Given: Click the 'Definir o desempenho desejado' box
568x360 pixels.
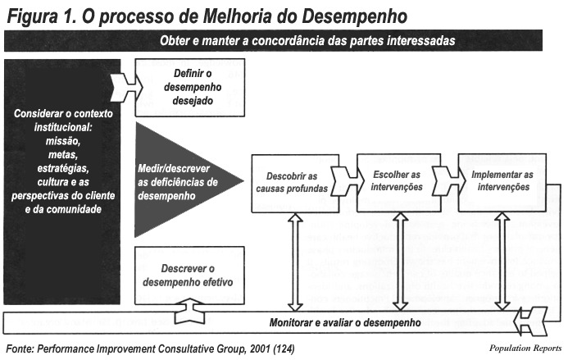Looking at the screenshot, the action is click(x=190, y=88).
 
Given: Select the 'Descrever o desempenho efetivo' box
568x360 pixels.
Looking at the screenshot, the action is click(x=190, y=276).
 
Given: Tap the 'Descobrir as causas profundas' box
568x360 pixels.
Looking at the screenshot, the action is click(x=295, y=184).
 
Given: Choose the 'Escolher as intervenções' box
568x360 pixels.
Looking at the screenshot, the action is click(x=399, y=183).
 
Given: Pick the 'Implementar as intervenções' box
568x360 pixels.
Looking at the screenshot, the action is click(x=502, y=183).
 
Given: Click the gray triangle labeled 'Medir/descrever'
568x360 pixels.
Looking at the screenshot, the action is click(x=181, y=180).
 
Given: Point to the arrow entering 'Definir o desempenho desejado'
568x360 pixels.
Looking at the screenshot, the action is click(x=126, y=87).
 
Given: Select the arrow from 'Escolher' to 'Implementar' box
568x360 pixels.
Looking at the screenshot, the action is click(x=449, y=180).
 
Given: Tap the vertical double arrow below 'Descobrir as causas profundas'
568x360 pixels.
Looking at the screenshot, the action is click(x=295, y=262).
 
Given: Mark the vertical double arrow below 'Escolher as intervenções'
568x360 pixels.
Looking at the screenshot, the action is click(x=400, y=262).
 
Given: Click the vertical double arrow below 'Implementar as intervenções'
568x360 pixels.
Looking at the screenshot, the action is click(x=502, y=262).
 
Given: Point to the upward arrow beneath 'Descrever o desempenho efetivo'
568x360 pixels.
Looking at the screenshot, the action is click(x=189, y=311).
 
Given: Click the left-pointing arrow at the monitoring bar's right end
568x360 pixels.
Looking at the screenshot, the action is click(x=532, y=321).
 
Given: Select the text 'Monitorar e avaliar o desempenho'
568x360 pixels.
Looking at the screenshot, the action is click(x=345, y=322).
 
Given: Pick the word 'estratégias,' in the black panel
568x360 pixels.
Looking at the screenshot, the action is click(x=63, y=169).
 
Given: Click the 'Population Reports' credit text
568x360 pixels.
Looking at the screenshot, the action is click(x=525, y=348).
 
